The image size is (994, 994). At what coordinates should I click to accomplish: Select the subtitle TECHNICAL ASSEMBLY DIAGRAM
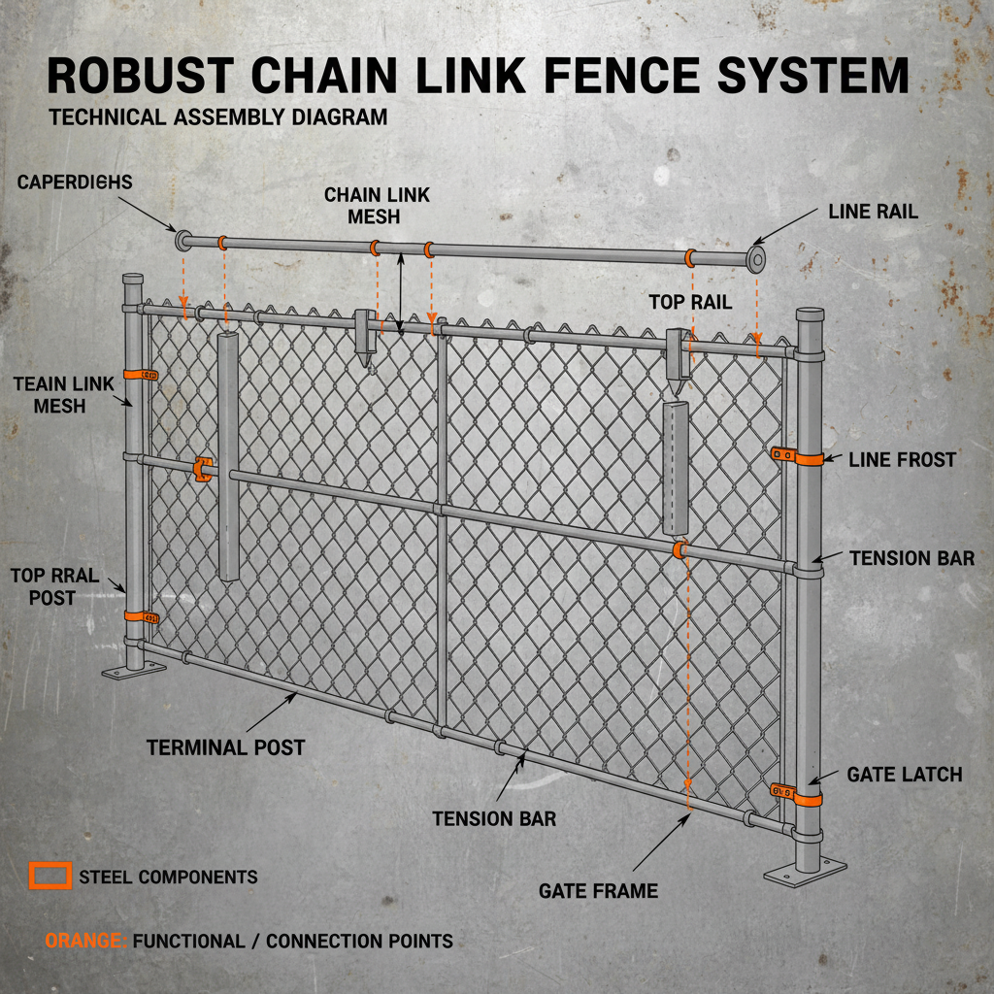[217, 117]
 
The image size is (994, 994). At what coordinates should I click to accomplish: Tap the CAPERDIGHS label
[75, 182]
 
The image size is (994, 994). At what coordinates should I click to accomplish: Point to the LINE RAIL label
[873, 211]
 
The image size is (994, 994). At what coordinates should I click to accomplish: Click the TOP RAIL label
[690, 302]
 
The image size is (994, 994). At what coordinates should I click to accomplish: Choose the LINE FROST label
[902, 459]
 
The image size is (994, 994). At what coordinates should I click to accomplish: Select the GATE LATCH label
[904, 774]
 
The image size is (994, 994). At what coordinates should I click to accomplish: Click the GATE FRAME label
[598, 890]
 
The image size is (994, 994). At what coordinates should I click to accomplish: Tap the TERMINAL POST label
[225, 747]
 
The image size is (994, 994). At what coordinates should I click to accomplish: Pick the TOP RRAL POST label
[54, 586]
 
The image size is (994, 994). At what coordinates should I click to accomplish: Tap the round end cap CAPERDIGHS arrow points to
[182, 239]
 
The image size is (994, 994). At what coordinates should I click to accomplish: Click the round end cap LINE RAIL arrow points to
[753, 260]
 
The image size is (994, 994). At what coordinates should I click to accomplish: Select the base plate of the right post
[805, 873]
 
